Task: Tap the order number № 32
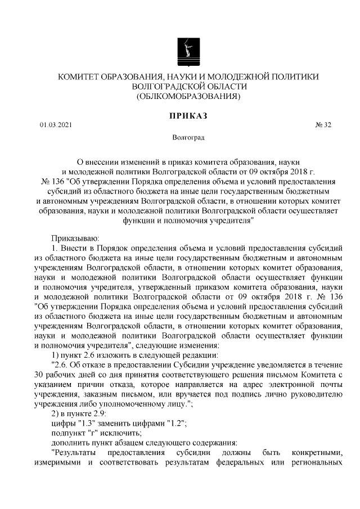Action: point(323,125)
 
